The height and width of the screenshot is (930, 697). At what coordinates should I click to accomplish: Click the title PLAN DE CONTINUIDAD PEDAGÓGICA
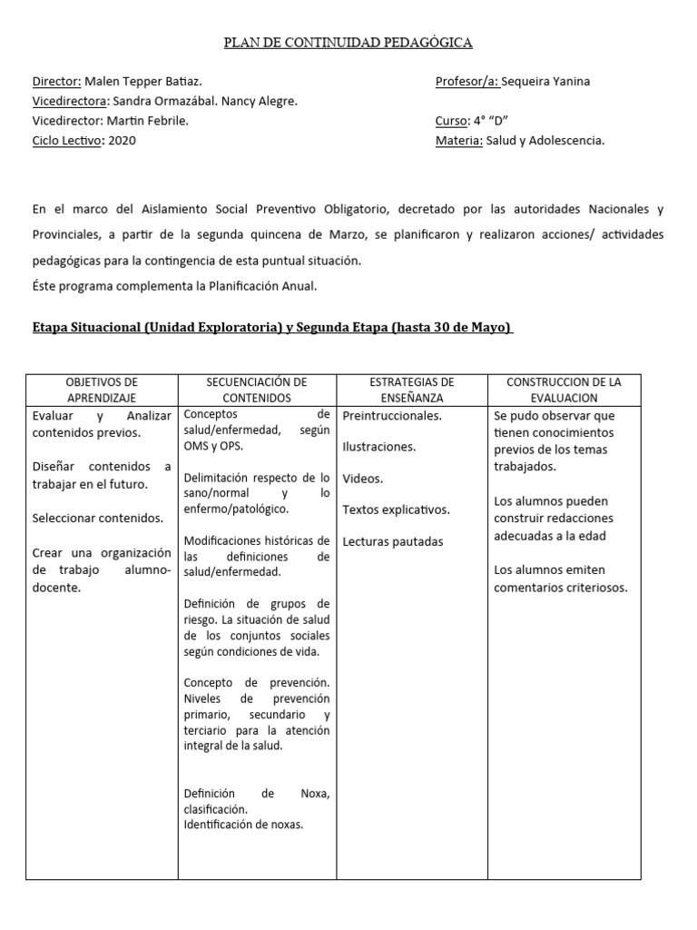(x=348, y=42)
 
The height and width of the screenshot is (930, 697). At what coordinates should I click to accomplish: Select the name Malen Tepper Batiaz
(x=143, y=81)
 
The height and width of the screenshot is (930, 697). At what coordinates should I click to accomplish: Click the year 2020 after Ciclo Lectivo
(x=122, y=140)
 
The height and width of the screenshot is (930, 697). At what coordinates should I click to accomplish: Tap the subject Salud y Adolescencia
(x=545, y=140)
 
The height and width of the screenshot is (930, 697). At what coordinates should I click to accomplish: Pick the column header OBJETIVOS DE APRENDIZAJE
(x=102, y=390)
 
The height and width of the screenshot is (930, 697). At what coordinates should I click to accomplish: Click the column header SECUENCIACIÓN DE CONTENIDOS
(x=257, y=390)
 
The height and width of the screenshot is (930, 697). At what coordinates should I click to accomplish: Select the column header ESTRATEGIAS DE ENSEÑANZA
(x=412, y=390)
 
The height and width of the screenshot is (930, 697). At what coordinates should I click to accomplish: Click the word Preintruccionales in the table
(x=392, y=416)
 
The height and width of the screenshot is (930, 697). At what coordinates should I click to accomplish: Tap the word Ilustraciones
(x=379, y=447)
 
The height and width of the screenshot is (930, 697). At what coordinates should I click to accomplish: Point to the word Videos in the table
(x=363, y=479)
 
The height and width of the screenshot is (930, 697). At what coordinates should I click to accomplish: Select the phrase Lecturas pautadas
(x=393, y=541)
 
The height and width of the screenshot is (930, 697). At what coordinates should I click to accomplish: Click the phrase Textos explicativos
(x=397, y=510)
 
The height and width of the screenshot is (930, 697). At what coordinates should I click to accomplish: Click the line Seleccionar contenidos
(x=98, y=519)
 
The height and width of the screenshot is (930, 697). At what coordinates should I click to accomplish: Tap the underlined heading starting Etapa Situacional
(x=272, y=328)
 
